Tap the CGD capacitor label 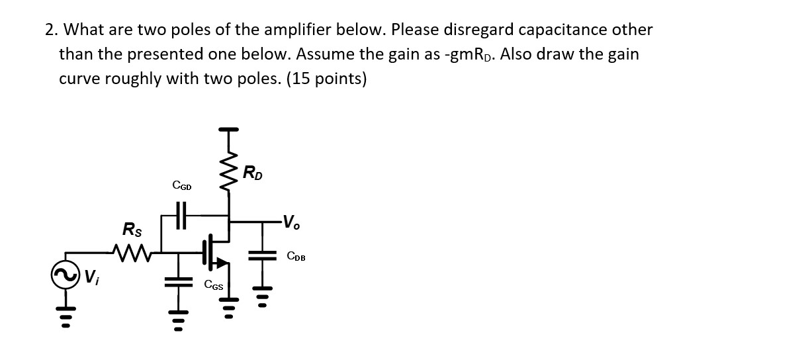[x=181, y=187]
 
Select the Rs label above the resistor [x=131, y=230]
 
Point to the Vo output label [x=291, y=222]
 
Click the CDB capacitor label [x=296, y=256]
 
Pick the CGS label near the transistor [x=213, y=285]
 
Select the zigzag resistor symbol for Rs [x=130, y=251]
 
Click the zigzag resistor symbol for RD [x=230, y=171]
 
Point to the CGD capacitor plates [x=181, y=214]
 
